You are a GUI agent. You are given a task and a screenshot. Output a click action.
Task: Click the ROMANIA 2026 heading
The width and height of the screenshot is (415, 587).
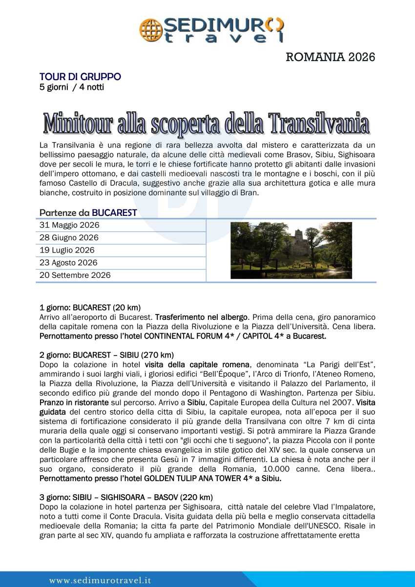tap(330, 57)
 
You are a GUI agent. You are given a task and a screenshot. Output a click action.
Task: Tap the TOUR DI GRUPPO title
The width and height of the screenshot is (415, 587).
tap(80, 77)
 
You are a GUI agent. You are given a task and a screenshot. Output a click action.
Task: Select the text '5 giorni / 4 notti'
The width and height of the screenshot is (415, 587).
tap(71, 87)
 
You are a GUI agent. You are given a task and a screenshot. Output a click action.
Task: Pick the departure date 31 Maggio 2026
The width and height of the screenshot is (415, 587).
tap(69, 225)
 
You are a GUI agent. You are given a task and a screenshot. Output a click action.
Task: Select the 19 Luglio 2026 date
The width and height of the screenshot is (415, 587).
tap(67, 250)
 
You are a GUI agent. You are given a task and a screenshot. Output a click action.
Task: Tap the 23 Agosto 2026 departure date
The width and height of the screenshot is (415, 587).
tap(68, 263)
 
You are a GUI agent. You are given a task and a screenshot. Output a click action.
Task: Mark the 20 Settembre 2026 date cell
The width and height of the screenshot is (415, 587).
tap(75, 275)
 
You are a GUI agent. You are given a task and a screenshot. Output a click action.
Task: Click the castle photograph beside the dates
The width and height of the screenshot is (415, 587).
tap(291, 250)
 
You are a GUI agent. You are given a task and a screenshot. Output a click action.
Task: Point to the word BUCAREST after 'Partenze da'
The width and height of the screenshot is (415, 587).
tap(114, 212)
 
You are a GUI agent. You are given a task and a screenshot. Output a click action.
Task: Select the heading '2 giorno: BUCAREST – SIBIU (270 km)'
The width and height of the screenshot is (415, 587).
tap(106, 355)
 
